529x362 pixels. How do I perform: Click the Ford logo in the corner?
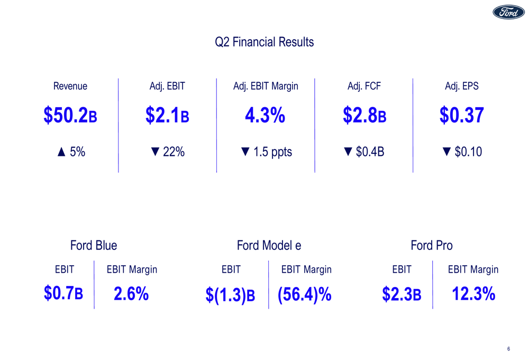[508, 13]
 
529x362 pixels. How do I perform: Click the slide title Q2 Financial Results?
[264, 42]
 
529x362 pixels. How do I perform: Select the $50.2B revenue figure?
[70, 116]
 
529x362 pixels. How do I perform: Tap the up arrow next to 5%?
[61, 152]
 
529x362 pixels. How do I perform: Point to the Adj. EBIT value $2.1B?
[167, 116]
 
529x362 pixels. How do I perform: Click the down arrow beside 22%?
[155, 152]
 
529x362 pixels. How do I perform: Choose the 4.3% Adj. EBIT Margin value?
[265, 116]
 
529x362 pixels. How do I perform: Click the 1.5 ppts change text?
[272, 152]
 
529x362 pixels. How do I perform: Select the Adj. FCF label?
[364, 86]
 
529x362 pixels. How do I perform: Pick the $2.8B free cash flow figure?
[364, 116]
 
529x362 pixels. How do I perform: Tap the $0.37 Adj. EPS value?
[461, 116]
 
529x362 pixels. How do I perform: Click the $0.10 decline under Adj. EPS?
[468, 152]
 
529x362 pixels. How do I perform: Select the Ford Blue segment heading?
[94, 245]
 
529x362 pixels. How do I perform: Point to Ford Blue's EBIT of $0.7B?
[63, 294]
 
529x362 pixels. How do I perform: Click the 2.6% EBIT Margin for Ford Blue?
[131, 294]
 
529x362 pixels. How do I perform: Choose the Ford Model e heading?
[269, 245]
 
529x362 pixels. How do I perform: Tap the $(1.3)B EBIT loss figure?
[230, 295]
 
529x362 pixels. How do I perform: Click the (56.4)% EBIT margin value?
[304, 294]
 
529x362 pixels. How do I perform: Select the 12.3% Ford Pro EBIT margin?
[473, 294]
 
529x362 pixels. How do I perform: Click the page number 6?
[508, 349]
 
